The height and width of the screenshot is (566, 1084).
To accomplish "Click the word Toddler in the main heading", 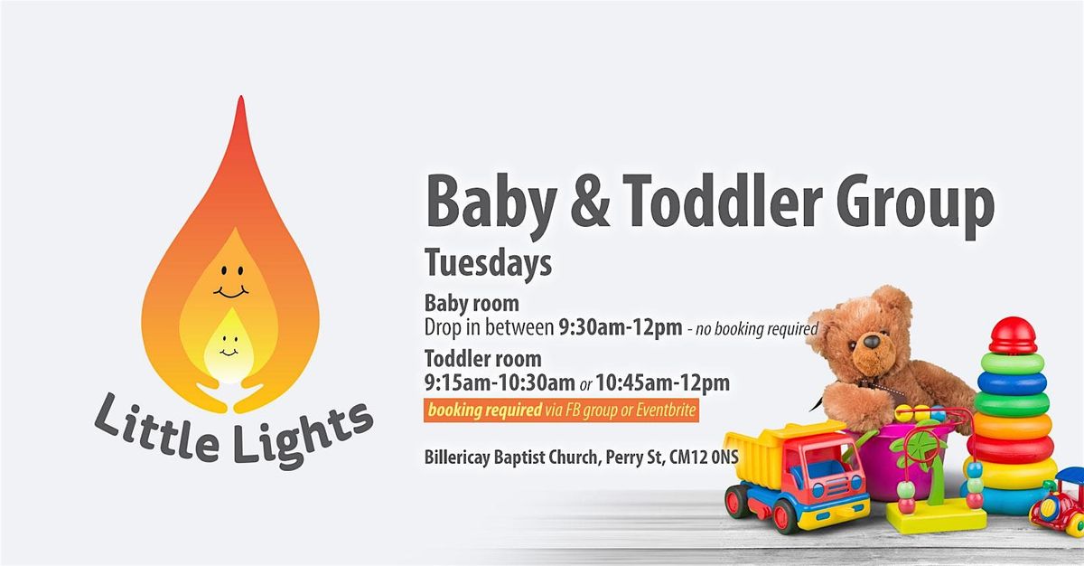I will point(700,204).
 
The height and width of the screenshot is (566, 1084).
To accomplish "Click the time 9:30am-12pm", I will point(621,326).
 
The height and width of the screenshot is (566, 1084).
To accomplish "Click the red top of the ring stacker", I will point(1013,335).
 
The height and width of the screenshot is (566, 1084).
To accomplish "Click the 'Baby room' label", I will point(472,303).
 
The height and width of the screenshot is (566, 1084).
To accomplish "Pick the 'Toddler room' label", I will point(483,359).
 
